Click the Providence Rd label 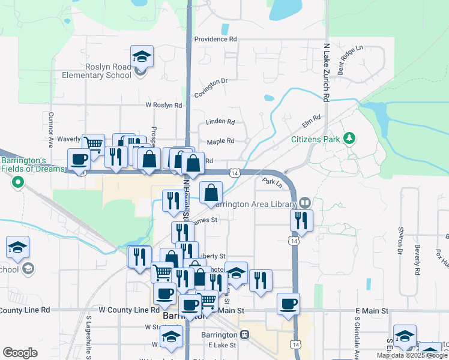click(x=215, y=39)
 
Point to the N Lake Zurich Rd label click(x=327, y=71)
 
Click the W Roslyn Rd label click(x=163, y=105)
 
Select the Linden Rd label click(x=220, y=121)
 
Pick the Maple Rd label click(x=220, y=142)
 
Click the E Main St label click(x=372, y=311)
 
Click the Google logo click(x=20, y=353)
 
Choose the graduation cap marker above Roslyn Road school click(x=142, y=57)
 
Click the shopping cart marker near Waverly click(x=93, y=144)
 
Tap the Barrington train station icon click(x=244, y=334)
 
